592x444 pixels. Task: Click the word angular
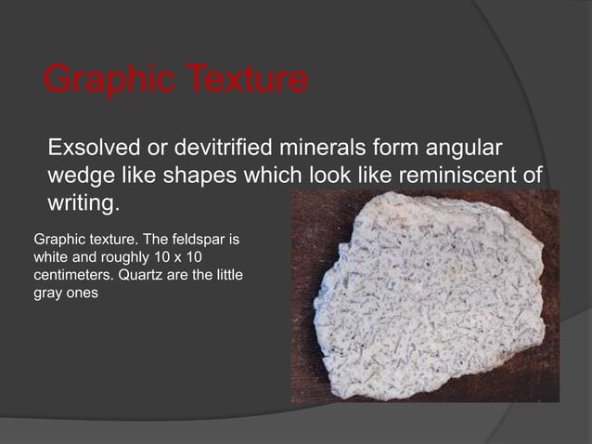point(462,150)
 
